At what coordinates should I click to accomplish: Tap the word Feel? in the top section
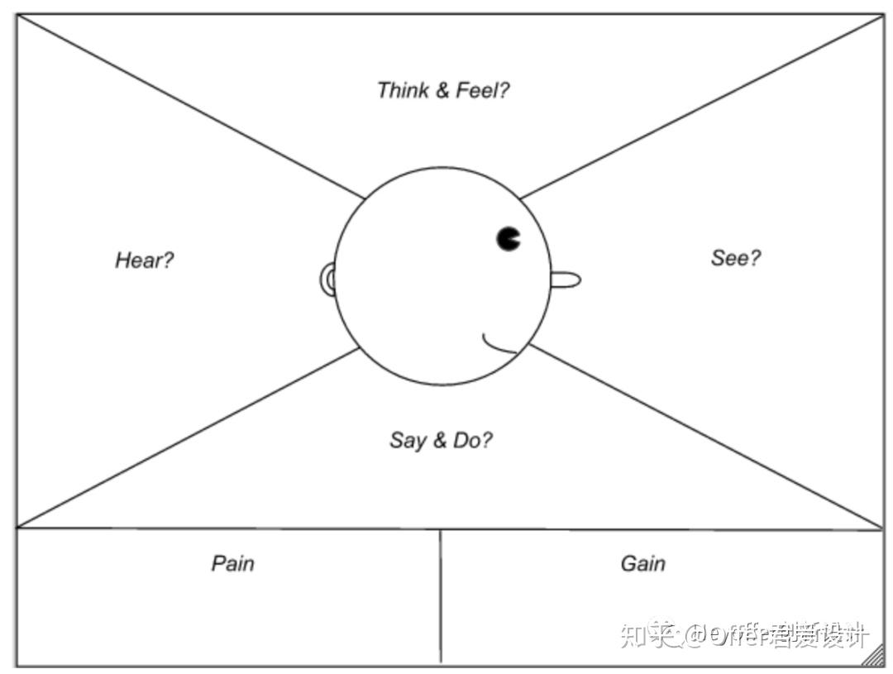483,90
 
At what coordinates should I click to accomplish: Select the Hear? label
145,261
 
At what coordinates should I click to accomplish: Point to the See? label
736,258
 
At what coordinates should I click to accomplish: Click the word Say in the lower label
408,440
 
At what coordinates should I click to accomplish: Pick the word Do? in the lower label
473,440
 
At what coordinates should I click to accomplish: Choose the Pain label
232,563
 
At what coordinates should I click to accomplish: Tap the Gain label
642,563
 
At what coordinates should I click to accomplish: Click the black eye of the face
509,238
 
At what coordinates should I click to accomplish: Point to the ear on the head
327,280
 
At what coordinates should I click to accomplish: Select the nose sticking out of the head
566,280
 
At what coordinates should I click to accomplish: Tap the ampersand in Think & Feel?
442,90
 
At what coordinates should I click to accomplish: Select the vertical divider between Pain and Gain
440,595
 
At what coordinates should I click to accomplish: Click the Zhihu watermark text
744,635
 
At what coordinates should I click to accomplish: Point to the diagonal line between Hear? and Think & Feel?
190,107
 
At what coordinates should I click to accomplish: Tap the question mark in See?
755,258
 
